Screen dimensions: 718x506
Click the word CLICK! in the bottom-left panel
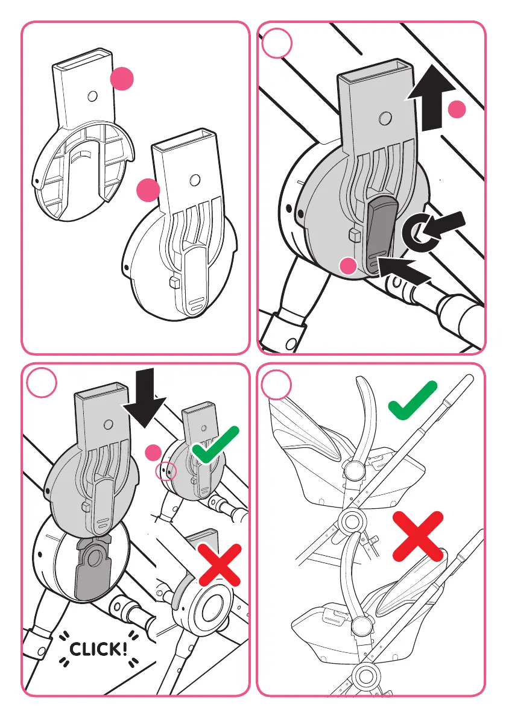click(x=99, y=649)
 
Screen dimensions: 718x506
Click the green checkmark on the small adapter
click(x=215, y=445)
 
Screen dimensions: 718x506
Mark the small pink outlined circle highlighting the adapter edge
click(x=166, y=470)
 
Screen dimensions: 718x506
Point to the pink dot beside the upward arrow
click(x=458, y=110)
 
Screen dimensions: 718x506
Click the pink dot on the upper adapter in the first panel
click(x=122, y=80)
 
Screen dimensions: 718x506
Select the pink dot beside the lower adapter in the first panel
click(x=148, y=191)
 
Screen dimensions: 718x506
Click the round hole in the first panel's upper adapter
click(x=92, y=95)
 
